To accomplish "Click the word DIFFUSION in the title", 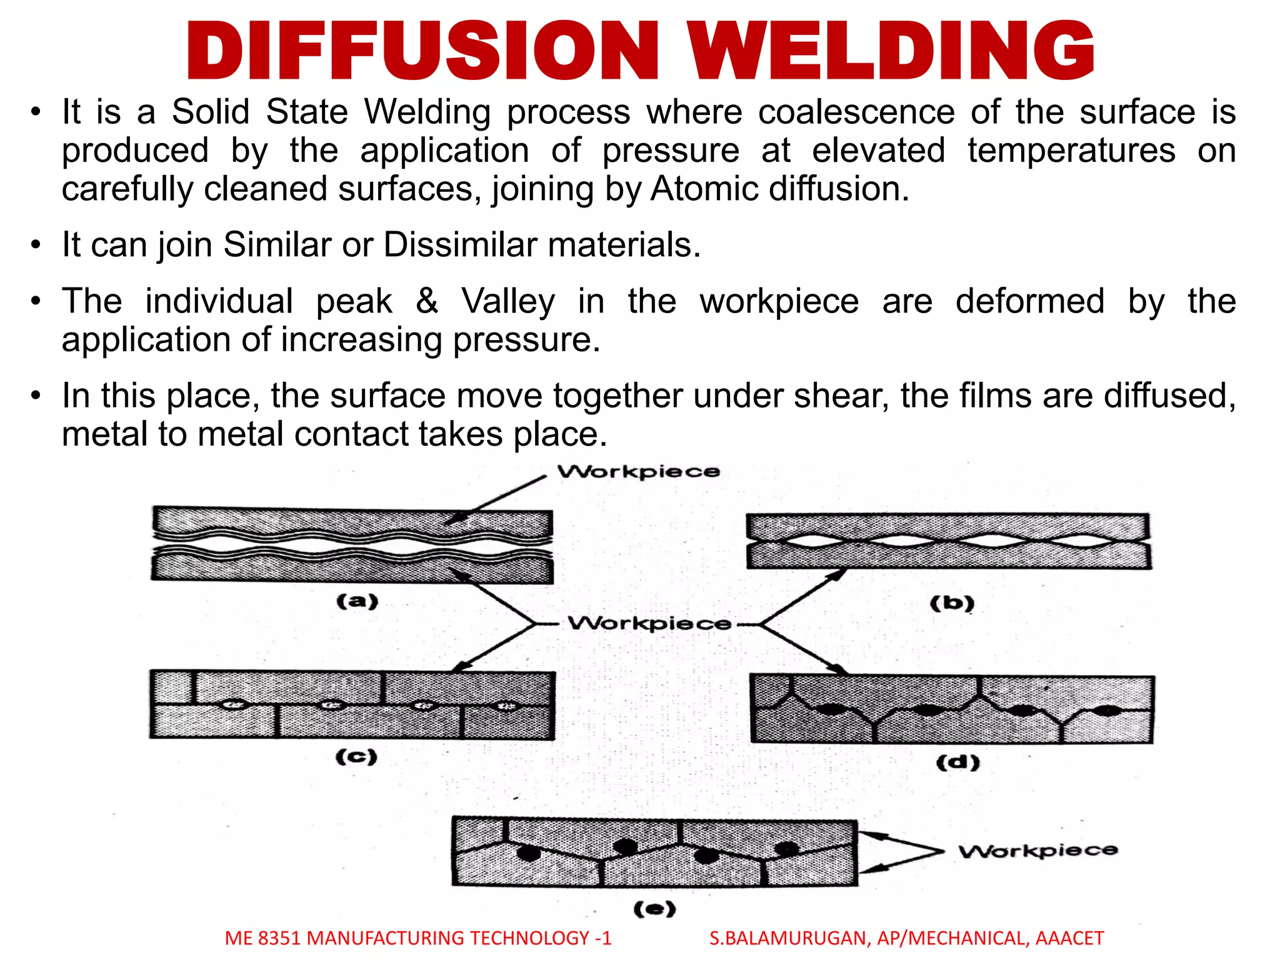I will [x=422, y=51].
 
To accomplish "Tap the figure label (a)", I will [x=357, y=601].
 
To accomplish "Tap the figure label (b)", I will [x=952, y=603].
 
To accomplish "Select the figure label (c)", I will [x=356, y=756].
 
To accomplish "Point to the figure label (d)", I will [x=957, y=762].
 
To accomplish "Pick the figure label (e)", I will [x=654, y=908].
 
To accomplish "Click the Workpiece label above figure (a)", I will [x=638, y=471].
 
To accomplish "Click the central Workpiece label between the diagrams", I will [x=649, y=623].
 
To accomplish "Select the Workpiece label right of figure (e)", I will [x=1038, y=851].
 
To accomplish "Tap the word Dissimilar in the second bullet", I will [x=460, y=244].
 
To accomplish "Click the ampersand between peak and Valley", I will [x=427, y=301].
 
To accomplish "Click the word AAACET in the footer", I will [x=1069, y=938].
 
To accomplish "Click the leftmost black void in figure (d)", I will [x=830, y=709].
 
